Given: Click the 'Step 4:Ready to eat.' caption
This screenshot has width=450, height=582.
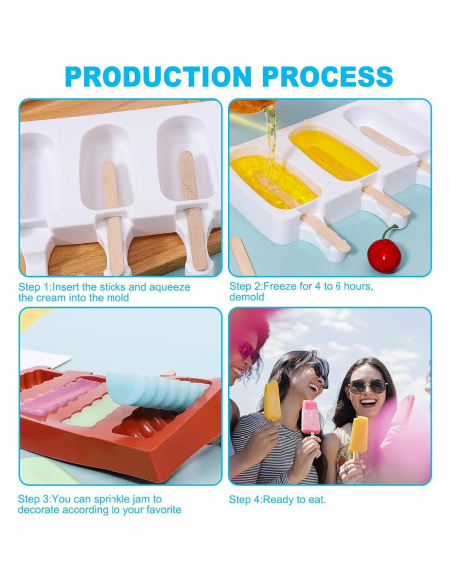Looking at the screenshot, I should click(x=277, y=499).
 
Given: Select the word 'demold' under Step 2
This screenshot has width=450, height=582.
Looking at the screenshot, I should click(x=248, y=297).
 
